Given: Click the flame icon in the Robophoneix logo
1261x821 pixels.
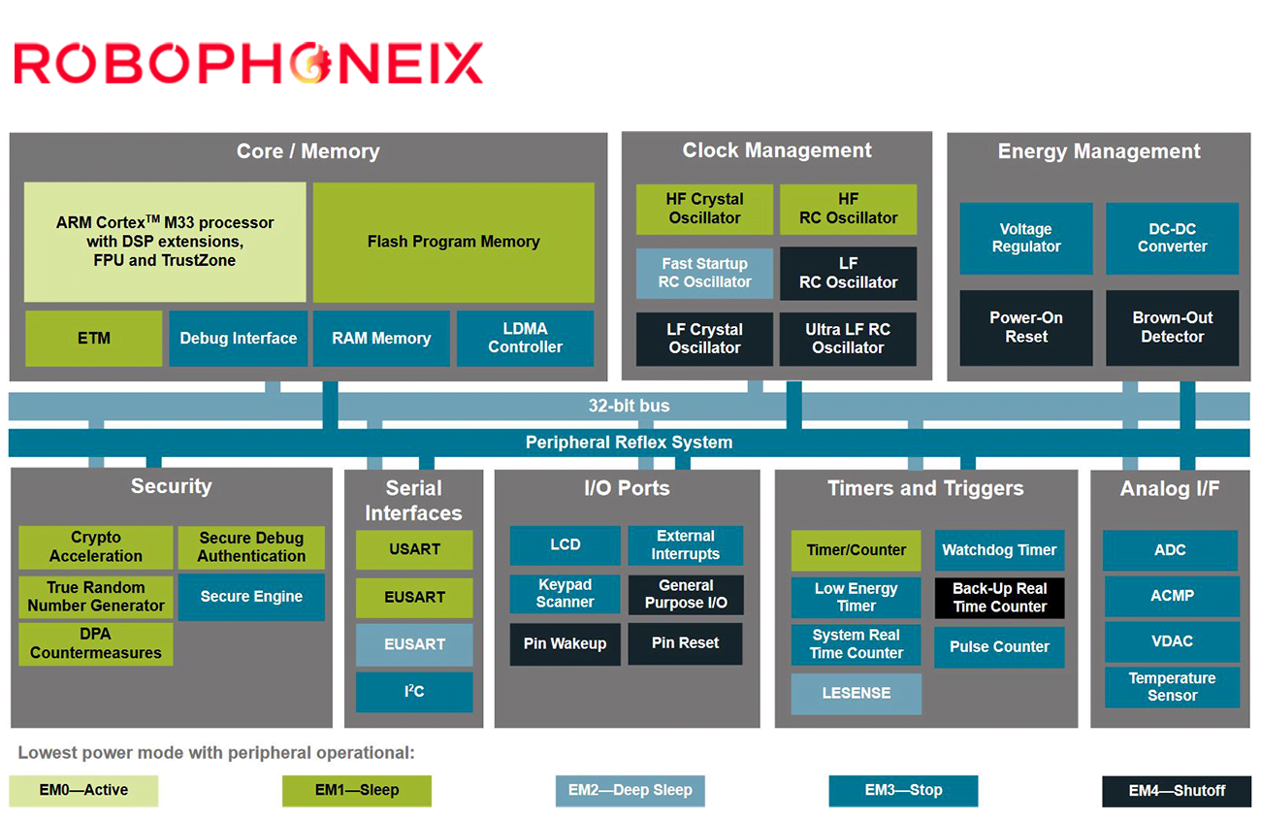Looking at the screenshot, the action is (311, 63).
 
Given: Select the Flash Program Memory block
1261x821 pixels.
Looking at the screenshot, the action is (454, 243).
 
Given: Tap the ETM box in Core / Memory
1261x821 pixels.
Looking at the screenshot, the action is (94, 339).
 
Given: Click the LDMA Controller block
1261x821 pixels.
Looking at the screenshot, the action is (525, 339).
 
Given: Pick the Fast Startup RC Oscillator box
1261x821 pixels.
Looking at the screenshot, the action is (704, 273).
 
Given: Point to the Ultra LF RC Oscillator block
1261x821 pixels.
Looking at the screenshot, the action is (848, 339).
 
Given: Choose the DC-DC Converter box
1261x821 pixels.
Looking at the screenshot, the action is (1172, 238).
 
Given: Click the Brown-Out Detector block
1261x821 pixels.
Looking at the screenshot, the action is (1172, 328).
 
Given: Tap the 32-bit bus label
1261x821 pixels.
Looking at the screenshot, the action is (629, 406).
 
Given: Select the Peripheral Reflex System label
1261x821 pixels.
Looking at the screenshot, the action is (629, 443).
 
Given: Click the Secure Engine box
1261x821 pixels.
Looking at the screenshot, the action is (251, 597).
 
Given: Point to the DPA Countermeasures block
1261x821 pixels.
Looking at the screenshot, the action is (96, 644).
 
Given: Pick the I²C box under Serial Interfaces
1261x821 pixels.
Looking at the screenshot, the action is (414, 692).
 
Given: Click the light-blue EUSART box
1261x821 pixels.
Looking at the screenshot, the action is (414, 644).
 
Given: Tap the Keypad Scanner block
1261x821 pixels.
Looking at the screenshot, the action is (565, 594).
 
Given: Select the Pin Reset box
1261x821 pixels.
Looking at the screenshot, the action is (685, 643).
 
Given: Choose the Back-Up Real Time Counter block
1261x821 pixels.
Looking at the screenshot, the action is (999, 598).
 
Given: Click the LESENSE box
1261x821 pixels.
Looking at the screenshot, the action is (857, 694).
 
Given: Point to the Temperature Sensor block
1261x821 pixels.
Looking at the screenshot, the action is (1172, 687).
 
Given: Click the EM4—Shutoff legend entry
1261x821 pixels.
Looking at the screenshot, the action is (1177, 791).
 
